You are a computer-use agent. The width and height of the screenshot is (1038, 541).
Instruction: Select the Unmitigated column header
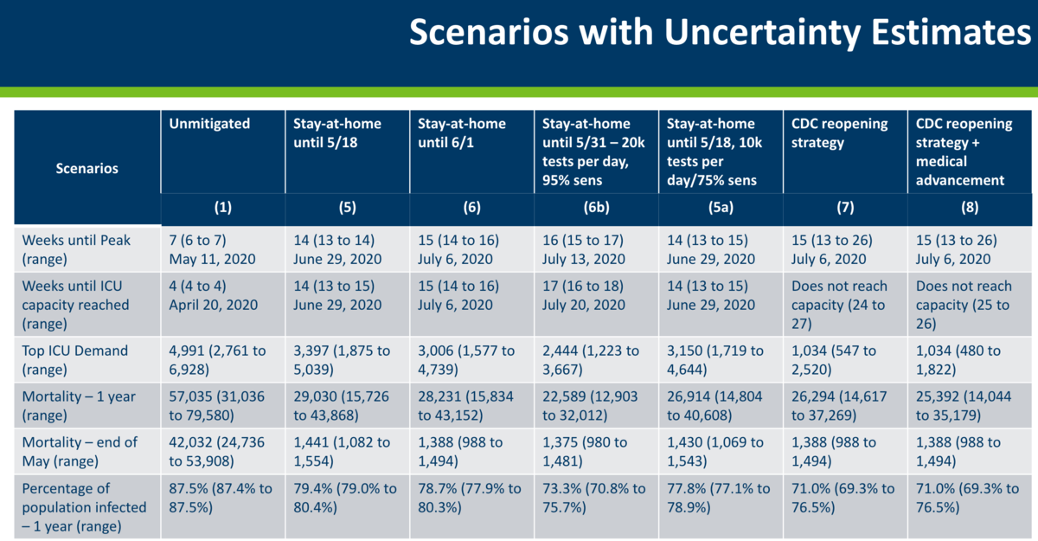pyautogui.click(x=210, y=124)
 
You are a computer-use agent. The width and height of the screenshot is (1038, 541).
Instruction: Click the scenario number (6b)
pyautogui.click(x=596, y=209)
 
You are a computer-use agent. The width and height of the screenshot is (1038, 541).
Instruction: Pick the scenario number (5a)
pyautogui.click(x=721, y=209)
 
